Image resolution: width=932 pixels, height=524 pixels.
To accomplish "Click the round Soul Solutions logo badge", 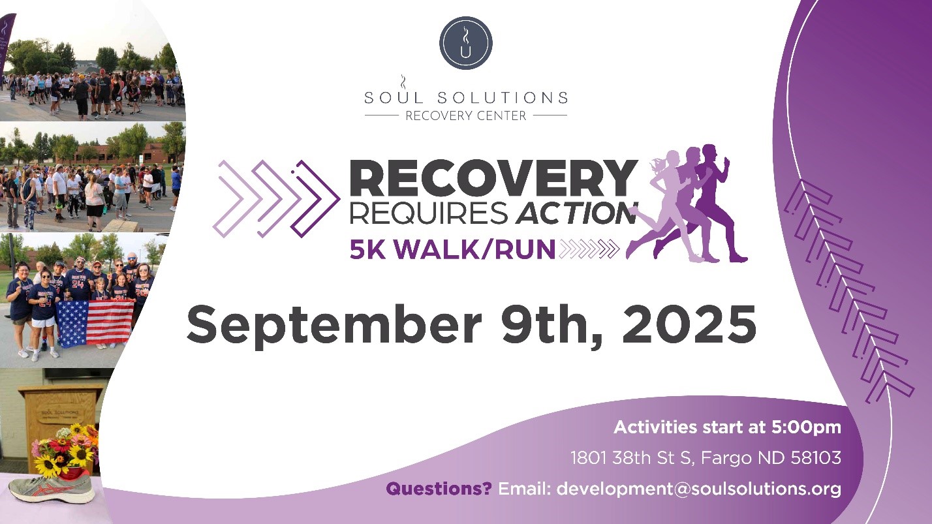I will (465, 43).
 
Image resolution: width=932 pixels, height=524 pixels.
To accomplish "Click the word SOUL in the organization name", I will (390, 98).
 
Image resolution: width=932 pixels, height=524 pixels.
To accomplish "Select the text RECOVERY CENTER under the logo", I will (465, 116).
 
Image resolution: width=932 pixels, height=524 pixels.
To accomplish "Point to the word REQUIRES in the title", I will (427, 213).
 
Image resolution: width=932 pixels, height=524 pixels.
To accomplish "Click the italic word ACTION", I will (575, 213).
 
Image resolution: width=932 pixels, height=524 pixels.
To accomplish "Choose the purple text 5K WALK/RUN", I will (452, 249).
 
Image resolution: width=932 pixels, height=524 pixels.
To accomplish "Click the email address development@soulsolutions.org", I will (698, 488).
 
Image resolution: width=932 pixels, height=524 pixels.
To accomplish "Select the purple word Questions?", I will (439, 488).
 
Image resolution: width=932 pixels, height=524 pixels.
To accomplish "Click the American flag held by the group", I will (95, 322).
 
